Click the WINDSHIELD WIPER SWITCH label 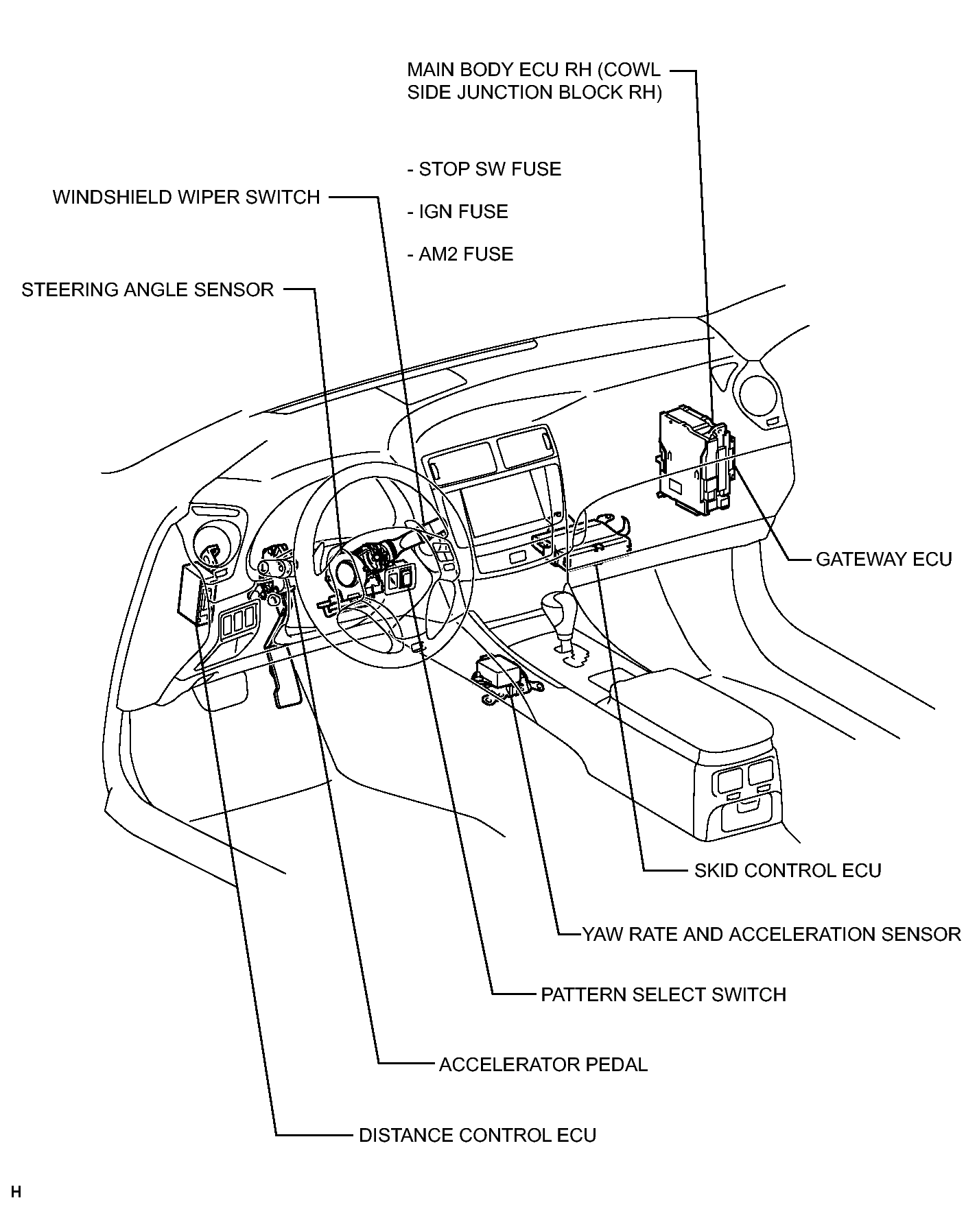pos(187,197)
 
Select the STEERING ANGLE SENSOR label pos(148,290)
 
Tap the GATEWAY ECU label pos(884,560)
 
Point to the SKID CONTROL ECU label pos(788,870)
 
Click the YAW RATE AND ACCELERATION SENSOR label pos(771,934)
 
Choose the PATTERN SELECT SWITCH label pos(663,994)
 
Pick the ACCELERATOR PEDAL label pos(543,1064)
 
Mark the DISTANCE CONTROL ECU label pos(478,1135)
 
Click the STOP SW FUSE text pos(484,169)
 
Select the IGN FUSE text pos(458,212)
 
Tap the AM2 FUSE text pos(460,254)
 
